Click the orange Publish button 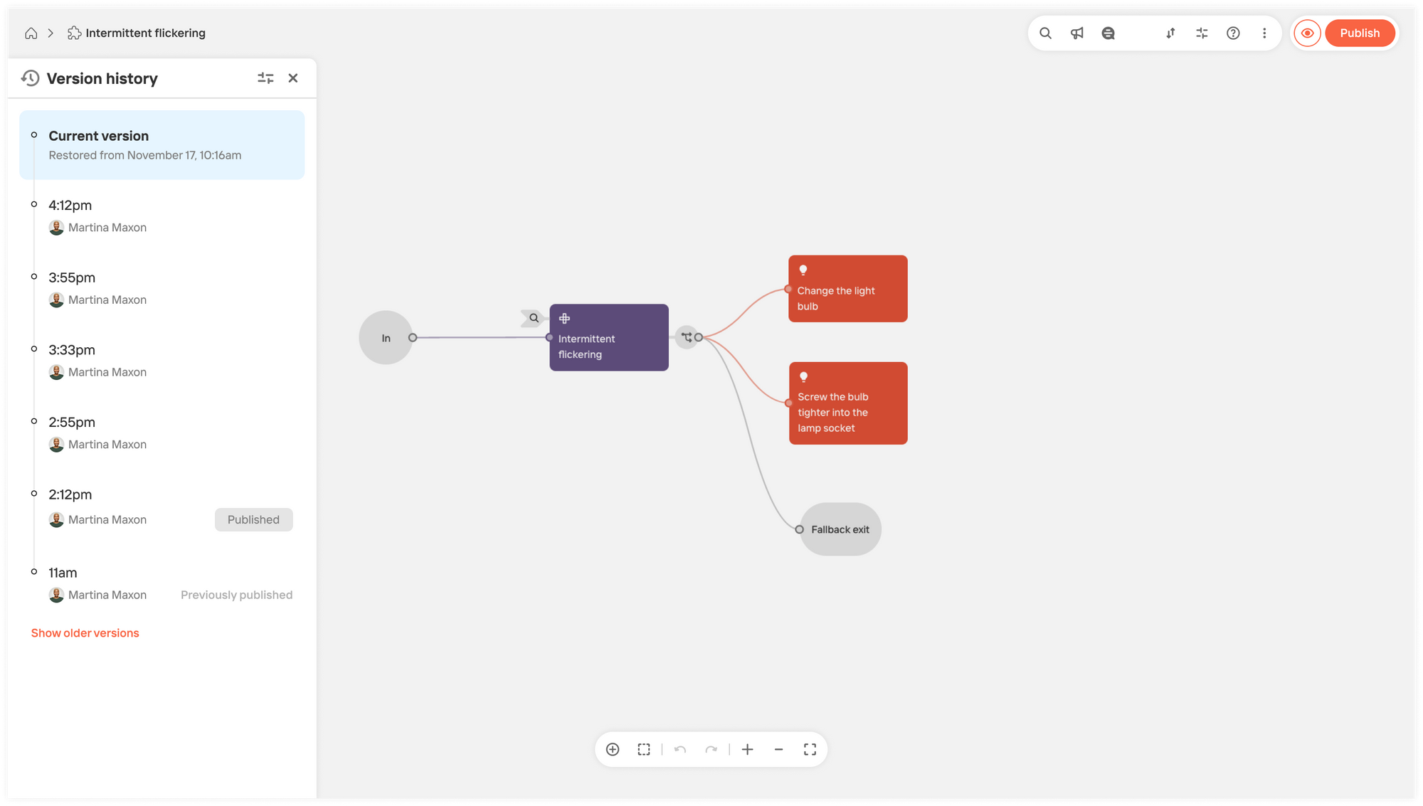pos(1359,33)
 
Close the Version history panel pos(293,78)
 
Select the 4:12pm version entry pos(162,216)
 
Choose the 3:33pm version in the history pos(162,361)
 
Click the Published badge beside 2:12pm pos(254,519)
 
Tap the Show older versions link pos(85,633)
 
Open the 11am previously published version pos(162,583)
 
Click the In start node pos(386,338)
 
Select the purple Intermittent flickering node pos(609,337)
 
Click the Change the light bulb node pos(848,289)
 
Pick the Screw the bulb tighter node pos(848,403)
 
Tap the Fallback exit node pos(840,529)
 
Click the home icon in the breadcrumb pos(31,33)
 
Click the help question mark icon pos(1233,33)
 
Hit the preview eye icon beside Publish pos(1308,33)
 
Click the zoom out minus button pos(778,749)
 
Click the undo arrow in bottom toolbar pos(680,749)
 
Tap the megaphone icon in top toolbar pos(1077,33)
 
